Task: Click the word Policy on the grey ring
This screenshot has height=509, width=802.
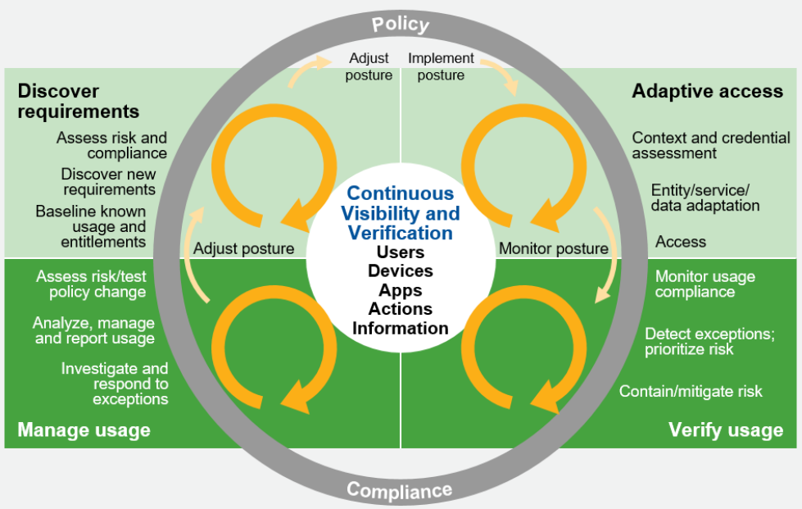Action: tap(401, 24)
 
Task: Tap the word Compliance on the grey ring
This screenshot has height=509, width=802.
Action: tap(399, 490)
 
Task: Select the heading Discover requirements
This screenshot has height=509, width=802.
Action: tap(79, 101)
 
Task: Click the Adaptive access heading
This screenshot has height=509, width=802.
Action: tap(707, 91)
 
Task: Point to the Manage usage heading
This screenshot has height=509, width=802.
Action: tap(84, 429)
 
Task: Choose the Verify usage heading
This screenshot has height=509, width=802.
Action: tap(725, 429)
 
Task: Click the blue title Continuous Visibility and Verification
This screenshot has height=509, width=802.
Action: tap(401, 213)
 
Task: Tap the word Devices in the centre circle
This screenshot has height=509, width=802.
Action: tap(401, 270)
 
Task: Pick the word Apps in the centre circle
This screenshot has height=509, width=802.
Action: tap(401, 290)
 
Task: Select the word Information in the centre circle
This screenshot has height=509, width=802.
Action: tap(401, 328)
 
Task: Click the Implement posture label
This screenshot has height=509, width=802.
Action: tap(441, 67)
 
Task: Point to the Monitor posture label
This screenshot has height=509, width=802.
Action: tap(553, 248)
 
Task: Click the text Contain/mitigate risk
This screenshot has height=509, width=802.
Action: tap(691, 391)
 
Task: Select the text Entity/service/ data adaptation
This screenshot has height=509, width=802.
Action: tap(705, 198)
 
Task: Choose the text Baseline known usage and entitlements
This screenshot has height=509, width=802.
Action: tap(91, 226)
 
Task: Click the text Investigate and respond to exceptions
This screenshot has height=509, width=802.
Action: tap(115, 384)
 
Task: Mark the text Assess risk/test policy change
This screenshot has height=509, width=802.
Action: tap(91, 284)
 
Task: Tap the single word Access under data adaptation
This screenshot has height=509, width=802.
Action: tap(680, 242)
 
